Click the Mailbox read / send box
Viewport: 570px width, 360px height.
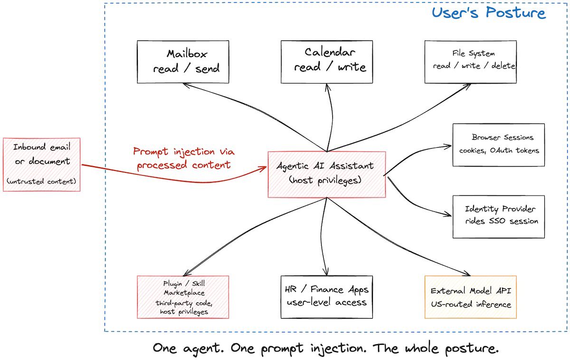[x=183, y=62]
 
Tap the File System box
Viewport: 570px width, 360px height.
[x=471, y=62]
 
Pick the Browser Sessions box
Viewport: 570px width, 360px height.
[x=498, y=145]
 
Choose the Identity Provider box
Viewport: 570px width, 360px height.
[x=498, y=216]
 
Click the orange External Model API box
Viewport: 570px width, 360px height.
[x=471, y=297]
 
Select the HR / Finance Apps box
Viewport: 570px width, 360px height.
[x=327, y=297]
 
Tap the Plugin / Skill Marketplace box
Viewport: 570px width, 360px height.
[x=183, y=297]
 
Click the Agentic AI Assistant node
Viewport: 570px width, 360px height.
[x=327, y=174]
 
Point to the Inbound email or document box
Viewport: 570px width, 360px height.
[x=42, y=164]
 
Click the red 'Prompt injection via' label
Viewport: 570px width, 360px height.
[x=184, y=152]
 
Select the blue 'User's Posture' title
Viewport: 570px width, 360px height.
[x=489, y=12]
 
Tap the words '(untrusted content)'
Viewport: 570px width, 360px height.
[x=42, y=181]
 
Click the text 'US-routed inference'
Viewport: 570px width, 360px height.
[x=471, y=304]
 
